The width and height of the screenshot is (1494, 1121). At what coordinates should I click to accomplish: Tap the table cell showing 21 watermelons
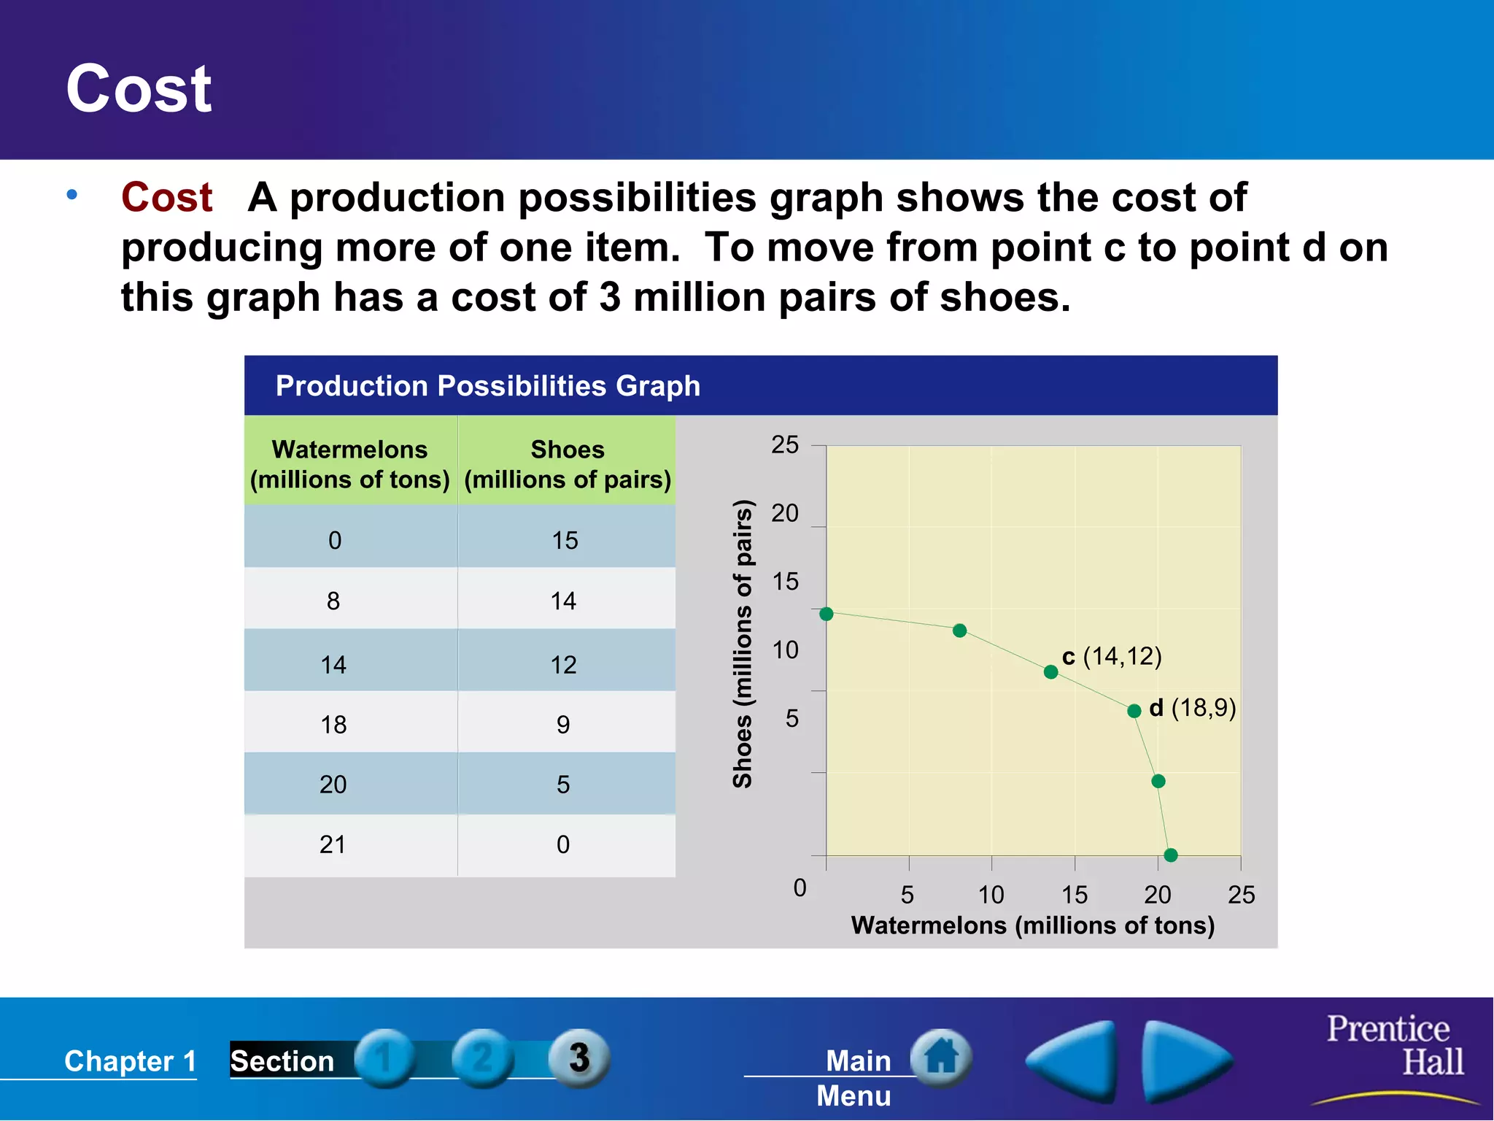pos(333,844)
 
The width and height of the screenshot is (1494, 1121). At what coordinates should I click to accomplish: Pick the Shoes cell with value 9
pos(563,724)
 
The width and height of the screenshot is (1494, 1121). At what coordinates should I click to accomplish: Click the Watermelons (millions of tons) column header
pos(350,464)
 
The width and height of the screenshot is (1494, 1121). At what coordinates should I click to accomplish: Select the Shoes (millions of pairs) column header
pos(567,464)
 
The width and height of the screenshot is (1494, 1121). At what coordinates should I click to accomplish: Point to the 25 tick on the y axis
pos(785,444)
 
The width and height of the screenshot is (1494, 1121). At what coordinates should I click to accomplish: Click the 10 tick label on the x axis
pos(991,894)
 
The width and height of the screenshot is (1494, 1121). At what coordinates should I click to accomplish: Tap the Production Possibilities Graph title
pos(487,385)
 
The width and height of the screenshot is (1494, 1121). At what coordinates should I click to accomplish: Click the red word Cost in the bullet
pos(166,198)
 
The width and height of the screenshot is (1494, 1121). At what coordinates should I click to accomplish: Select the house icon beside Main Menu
pos(941,1058)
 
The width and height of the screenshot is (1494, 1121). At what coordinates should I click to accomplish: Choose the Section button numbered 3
pos(579,1058)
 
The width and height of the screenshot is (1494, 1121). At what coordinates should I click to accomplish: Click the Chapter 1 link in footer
pos(130,1060)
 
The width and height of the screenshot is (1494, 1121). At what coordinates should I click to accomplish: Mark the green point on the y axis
pos(826,614)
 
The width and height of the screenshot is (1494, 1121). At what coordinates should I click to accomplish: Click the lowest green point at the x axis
pos(1171,855)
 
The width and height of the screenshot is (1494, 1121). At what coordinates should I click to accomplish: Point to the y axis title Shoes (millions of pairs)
pos(742,643)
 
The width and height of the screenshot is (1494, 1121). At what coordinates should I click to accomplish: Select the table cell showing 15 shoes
pos(565,540)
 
